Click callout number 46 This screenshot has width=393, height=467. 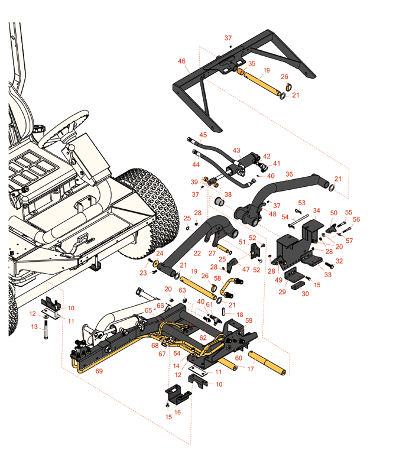tap(181, 61)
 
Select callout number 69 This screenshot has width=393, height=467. tap(99, 371)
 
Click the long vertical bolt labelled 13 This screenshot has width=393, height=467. tap(44, 340)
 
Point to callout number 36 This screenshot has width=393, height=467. tap(289, 174)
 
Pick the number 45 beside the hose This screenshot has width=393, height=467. tap(203, 135)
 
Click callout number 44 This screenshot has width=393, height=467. tap(197, 165)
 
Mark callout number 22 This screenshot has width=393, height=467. tap(197, 253)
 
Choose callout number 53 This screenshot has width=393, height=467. tap(301, 202)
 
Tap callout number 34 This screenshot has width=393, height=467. tap(316, 210)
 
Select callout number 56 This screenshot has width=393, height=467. tap(356, 219)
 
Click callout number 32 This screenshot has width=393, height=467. tap(339, 261)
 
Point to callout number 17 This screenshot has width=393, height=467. tap(251, 369)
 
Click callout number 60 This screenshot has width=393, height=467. tap(239, 358)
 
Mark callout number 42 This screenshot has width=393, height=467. tap(266, 157)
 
